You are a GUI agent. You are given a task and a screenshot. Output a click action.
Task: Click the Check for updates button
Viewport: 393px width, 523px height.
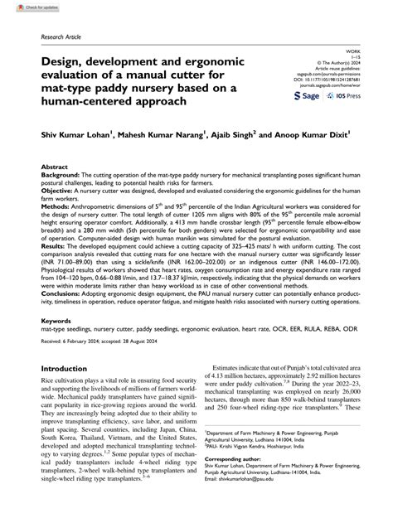pos(24,7)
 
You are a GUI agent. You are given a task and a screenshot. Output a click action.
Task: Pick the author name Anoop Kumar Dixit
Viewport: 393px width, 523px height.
pos(312,133)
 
